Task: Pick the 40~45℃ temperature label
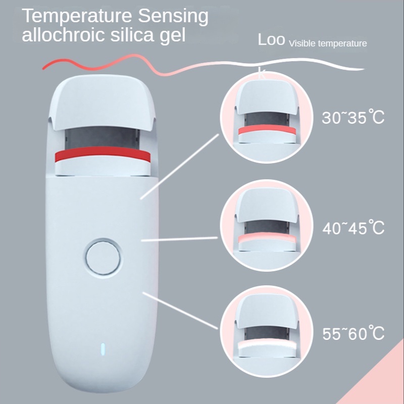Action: click(353, 227)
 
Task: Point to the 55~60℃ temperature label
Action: click(353, 333)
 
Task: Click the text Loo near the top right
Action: click(272, 40)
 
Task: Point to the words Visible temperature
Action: click(327, 44)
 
